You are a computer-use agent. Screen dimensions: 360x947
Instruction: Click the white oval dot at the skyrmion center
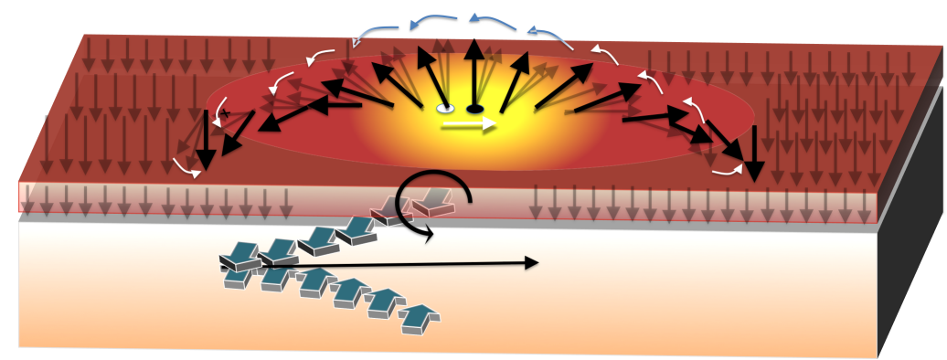point(445,109)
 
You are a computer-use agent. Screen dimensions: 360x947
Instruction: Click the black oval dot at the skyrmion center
point(474,109)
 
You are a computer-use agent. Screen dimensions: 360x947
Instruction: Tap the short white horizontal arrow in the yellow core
point(469,124)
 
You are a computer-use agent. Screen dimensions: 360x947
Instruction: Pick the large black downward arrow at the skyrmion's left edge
point(206,146)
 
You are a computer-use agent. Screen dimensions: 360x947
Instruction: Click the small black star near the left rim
point(223,113)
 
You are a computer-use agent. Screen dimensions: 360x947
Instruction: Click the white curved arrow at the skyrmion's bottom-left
point(187,166)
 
